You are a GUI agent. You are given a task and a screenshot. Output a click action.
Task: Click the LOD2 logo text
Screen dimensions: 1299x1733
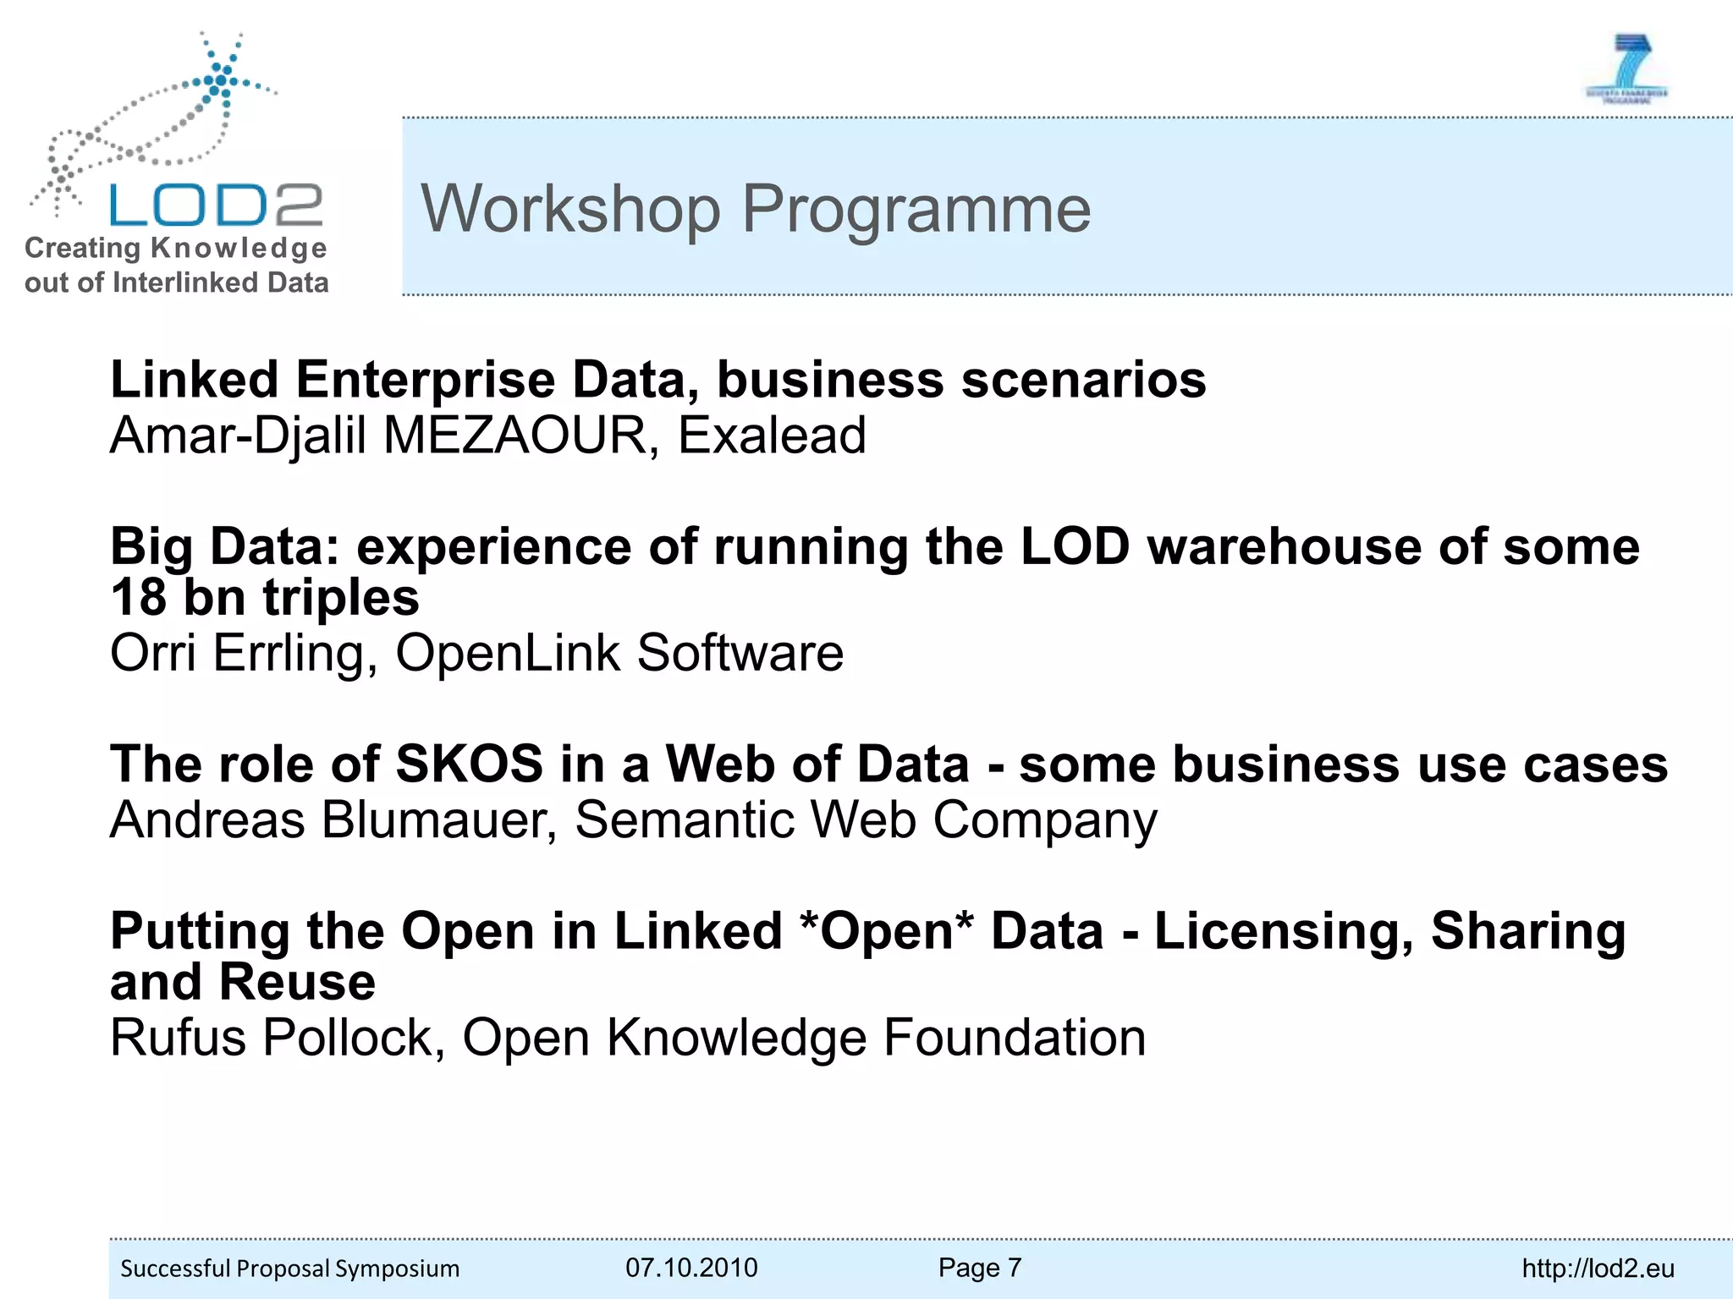216,206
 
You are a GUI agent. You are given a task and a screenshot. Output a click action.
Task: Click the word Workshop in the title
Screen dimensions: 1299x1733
571,209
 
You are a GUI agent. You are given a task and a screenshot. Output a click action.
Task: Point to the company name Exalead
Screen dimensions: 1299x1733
772,436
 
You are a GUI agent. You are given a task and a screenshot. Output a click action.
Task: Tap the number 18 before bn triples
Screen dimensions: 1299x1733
139,598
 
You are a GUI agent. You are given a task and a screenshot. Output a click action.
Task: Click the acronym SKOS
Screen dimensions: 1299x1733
469,765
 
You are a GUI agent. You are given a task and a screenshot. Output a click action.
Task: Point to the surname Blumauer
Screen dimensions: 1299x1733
439,820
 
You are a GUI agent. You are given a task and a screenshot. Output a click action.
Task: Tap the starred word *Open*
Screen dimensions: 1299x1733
887,931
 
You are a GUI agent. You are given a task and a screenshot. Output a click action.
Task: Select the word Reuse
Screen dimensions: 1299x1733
297,983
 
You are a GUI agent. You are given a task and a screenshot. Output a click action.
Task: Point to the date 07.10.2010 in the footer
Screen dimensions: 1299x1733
691,1268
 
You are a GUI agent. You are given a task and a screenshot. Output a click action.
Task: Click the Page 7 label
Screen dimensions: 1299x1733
980,1268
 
